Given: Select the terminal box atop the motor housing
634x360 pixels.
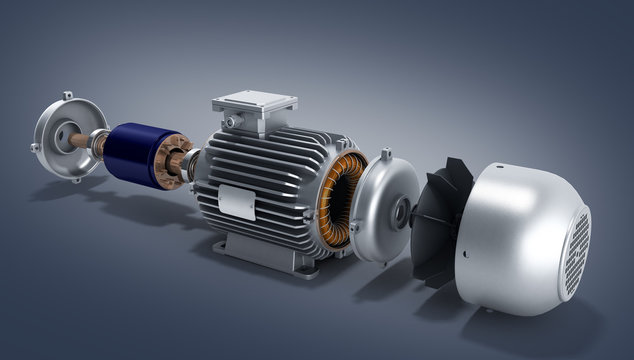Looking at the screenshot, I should pos(255,109).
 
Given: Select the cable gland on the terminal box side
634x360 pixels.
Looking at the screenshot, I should pos(231,121).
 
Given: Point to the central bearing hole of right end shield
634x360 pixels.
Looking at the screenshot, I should pos(401,212).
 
